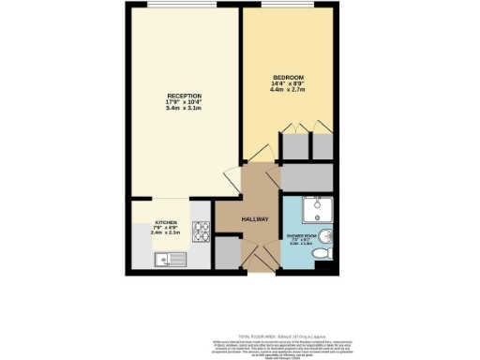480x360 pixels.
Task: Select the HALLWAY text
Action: (254, 218)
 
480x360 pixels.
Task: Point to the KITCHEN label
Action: (166, 223)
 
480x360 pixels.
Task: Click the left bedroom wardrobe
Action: (296, 147)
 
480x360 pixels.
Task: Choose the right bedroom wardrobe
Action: (322, 147)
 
